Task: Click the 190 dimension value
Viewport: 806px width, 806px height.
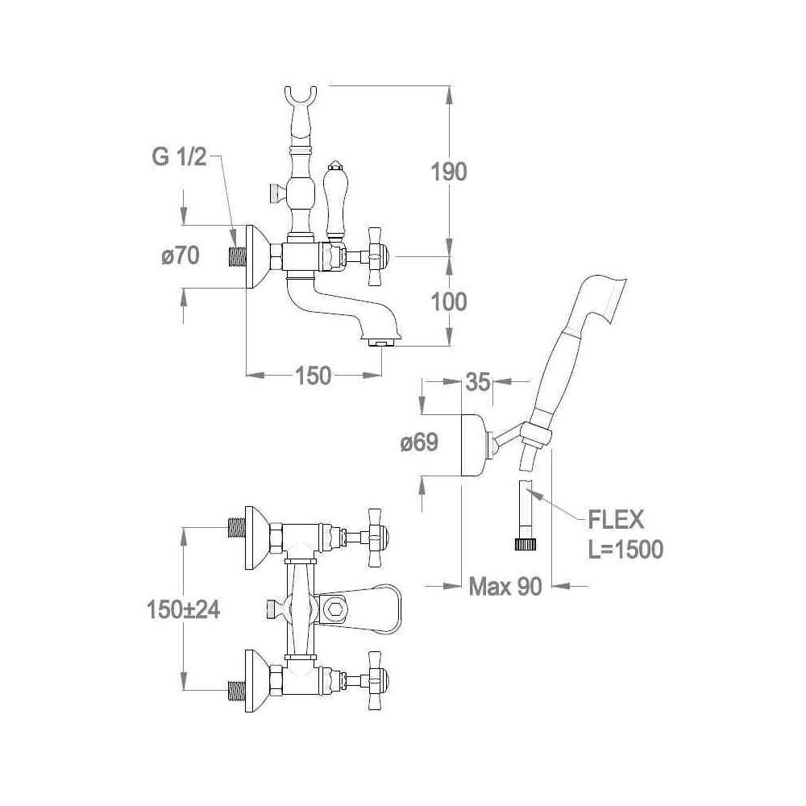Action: coord(449,172)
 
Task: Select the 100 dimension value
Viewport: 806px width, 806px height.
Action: coord(449,302)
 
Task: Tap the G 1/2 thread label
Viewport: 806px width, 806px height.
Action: coord(178,157)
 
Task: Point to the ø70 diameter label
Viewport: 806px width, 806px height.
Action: coord(180,257)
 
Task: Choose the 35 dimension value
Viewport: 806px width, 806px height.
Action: coord(478,383)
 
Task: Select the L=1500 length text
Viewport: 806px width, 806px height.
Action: coord(626,550)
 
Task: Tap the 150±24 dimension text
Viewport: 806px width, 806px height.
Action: coord(184,610)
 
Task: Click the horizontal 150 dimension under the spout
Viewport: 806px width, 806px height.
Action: coord(314,375)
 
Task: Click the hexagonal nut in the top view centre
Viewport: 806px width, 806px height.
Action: coord(334,607)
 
